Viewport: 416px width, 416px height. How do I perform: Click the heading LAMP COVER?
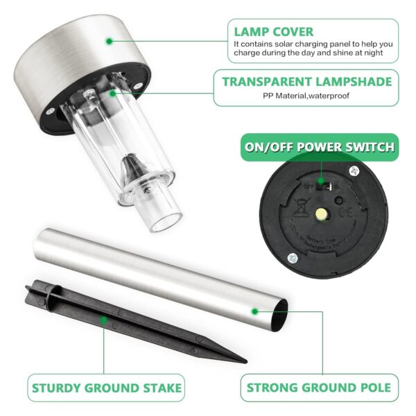click(x=273, y=31)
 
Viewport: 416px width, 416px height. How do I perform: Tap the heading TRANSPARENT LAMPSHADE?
click(x=306, y=82)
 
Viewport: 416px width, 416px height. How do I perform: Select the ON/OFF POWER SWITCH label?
click(x=320, y=147)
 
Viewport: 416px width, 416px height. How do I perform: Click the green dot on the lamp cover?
click(x=109, y=41)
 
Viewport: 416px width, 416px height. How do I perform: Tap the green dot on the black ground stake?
click(x=104, y=320)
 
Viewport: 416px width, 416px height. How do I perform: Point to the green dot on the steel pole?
click(x=255, y=312)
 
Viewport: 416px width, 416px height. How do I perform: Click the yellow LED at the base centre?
click(x=321, y=216)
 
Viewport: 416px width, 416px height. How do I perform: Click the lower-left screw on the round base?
click(x=291, y=259)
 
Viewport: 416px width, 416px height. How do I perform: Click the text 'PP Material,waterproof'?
click(x=305, y=96)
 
